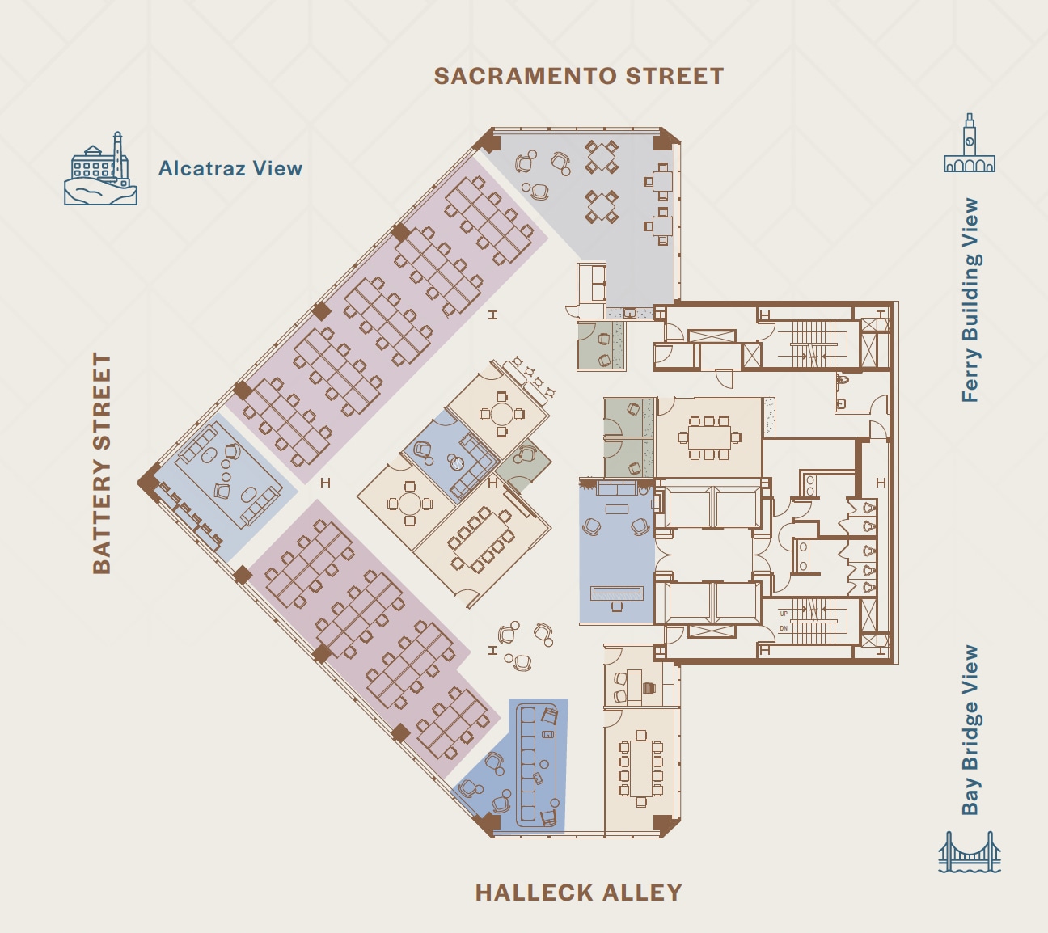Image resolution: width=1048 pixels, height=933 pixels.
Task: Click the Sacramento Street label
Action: click(x=579, y=76)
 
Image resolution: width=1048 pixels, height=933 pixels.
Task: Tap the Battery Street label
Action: click(x=102, y=463)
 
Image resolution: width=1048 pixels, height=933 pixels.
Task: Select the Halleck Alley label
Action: click(x=579, y=893)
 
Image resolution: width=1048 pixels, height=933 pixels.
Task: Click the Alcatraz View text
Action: click(x=230, y=168)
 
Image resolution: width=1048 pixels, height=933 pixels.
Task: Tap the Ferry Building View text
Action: click(x=970, y=300)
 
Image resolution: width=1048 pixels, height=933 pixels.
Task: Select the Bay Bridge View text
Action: click(x=970, y=729)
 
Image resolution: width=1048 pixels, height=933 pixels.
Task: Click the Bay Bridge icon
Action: click(x=970, y=853)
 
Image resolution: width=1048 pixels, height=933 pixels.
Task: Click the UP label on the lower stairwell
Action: click(x=784, y=614)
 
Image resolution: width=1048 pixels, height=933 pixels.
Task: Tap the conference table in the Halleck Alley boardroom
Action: click(x=640, y=768)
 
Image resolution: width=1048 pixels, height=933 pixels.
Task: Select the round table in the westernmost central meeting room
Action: click(x=410, y=504)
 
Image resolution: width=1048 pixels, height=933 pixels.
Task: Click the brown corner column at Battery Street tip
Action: click(x=148, y=483)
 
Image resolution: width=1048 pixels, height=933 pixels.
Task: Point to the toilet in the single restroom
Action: click(x=842, y=378)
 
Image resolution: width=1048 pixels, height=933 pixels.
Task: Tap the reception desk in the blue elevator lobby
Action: click(x=617, y=593)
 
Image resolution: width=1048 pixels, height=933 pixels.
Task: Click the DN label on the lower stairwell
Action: click(x=784, y=628)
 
